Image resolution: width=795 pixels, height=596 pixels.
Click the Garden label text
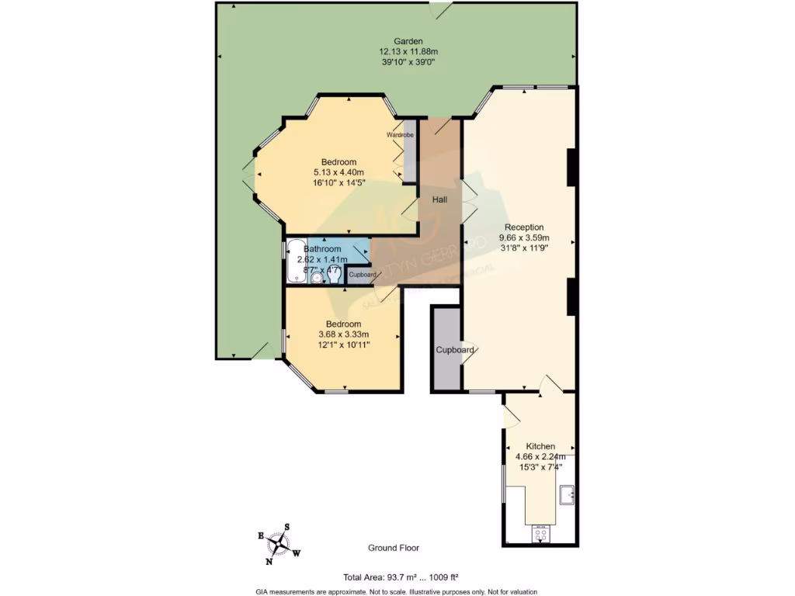(x=408, y=41)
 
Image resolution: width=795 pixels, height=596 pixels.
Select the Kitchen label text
(x=540, y=446)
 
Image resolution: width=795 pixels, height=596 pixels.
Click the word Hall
(x=440, y=200)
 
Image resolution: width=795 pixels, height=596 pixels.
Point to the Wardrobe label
(x=400, y=135)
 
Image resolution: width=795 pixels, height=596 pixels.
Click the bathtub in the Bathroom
(x=297, y=262)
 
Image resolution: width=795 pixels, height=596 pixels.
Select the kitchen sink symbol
(x=567, y=494)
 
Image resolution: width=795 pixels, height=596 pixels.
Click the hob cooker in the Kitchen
(x=540, y=533)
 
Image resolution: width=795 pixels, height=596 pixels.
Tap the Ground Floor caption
(x=394, y=548)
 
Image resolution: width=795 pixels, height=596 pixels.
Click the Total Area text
(x=401, y=577)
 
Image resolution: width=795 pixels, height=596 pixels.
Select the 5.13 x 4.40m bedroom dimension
(x=339, y=172)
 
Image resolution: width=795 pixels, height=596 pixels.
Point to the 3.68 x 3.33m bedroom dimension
(x=343, y=334)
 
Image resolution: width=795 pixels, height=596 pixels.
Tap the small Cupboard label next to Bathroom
(x=363, y=275)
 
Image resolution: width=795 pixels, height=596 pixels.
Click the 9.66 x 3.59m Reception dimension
(x=524, y=237)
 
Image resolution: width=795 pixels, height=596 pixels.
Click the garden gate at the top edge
(x=440, y=9)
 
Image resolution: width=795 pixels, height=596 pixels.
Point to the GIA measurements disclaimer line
(x=397, y=591)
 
